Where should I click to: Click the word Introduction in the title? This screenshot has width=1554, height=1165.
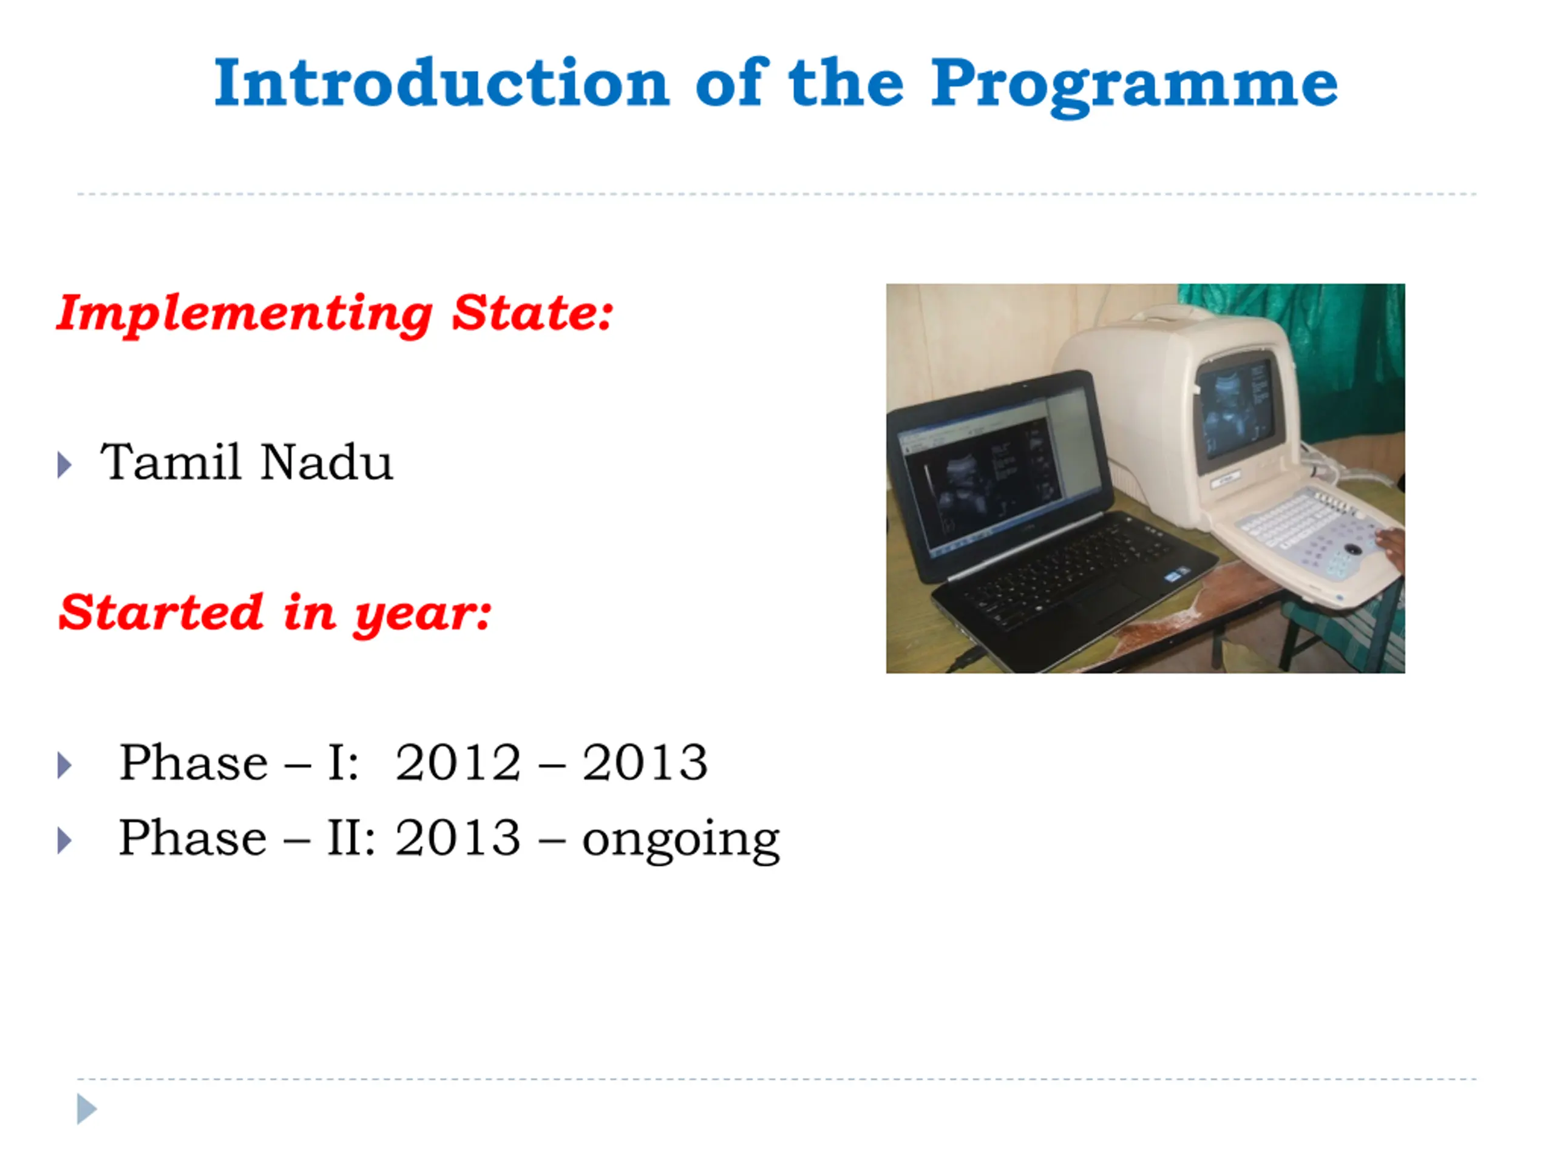(442, 83)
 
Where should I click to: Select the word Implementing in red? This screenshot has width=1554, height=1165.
(245, 314)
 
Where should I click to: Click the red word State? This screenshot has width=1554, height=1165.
(532, 312)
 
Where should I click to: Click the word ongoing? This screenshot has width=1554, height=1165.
(680, 840)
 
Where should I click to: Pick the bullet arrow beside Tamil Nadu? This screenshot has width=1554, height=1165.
(64, 465)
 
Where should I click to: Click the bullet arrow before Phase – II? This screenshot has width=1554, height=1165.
(64, 840)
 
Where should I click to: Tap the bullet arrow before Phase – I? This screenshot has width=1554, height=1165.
(64, 765)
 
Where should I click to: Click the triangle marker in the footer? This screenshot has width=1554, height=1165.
(86, 1109)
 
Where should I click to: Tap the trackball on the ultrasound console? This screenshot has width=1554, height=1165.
(1353, 548)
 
